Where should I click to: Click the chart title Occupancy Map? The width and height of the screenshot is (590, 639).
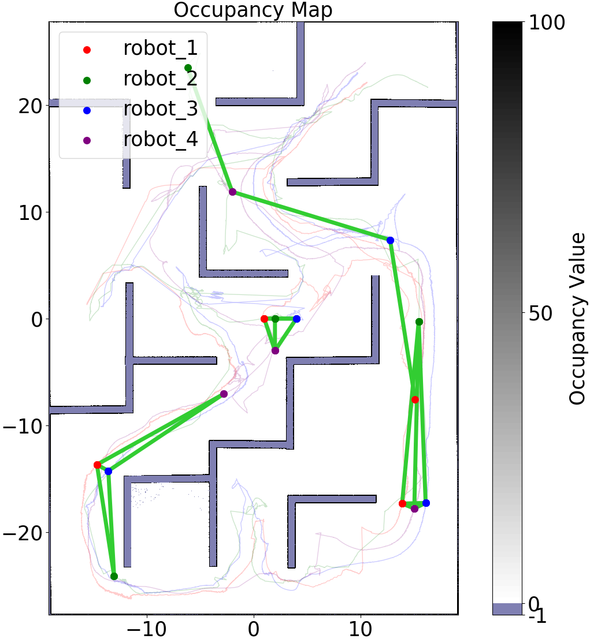(253, 10)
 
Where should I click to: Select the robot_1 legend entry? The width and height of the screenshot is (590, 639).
(160, 49)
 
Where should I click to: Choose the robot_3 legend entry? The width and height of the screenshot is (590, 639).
(160, 109)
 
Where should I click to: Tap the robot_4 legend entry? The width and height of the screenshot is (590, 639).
(160, 139)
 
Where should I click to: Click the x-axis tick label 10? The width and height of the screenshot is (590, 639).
(361, 626)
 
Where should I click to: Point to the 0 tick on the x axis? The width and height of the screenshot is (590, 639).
(254, 626)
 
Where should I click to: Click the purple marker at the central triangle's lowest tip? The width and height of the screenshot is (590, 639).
(275, 350)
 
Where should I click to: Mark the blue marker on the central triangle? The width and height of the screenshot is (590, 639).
(296, 319)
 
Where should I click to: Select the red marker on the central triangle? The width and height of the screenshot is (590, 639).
(264, 319)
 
